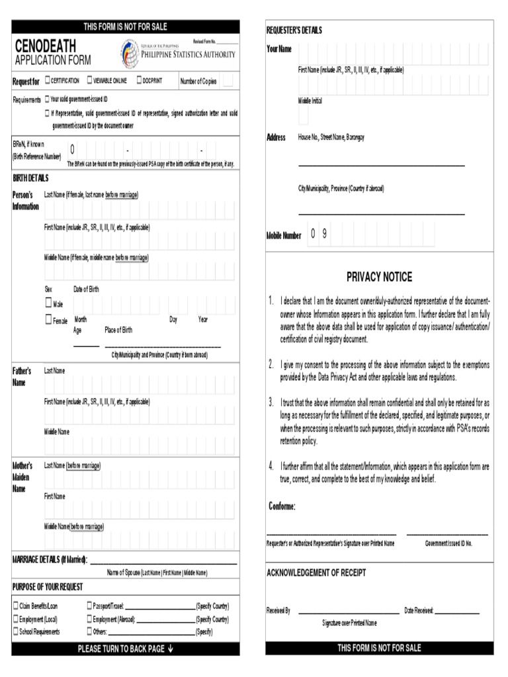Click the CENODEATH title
click(x=45, y=46)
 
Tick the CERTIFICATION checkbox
click(x=47, y=81)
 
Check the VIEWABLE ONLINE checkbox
click(x=89, y=81)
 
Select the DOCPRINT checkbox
click(x=139, y=81)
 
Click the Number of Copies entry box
click(x=228, y=81)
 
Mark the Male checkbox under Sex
click(x=48, y=303)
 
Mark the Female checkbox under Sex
click(x=48, y=320)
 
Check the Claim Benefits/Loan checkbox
click(x=16, y=605)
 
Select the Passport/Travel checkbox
click(x=89, y=605)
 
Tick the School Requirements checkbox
click(x=16, y=631)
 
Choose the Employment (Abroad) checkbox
click(x=89, y=619)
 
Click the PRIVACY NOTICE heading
click(x=379, y=277)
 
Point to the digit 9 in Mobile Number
click(x=325, y=234)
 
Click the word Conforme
click(x=282, y=506)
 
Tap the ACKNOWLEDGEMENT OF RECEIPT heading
click(x=316, y=573)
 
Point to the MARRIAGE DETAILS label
click(x=50, y=560)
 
